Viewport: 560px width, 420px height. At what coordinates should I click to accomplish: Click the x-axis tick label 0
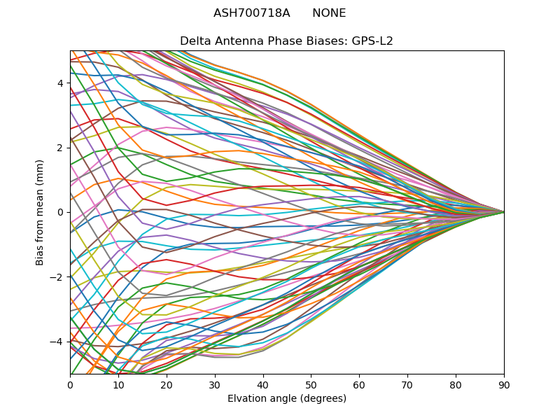tap(70, 384)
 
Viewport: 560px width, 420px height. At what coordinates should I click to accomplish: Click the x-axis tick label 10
tap(118, 384)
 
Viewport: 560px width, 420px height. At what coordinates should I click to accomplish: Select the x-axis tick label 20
tap(167, 384)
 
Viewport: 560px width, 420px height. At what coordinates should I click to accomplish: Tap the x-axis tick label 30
tap(215, 384)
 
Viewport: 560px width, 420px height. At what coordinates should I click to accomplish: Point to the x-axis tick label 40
tap(263, 384)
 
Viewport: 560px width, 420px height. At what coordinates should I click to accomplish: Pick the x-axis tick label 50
tap(311, 384)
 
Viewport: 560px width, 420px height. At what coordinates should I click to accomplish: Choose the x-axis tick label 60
tap(359, 384)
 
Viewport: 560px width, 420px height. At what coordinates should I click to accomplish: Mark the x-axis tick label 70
tap(407, 384)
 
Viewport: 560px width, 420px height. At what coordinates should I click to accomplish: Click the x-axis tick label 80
tap(456, 384)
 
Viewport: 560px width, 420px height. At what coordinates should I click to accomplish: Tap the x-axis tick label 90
tap(504, 384)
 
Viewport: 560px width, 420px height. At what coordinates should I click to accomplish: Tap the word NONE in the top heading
tap(329, 13)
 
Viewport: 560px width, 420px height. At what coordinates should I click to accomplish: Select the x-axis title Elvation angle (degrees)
tap(287, 398)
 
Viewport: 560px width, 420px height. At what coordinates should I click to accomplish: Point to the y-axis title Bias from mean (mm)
tap(41, 212)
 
